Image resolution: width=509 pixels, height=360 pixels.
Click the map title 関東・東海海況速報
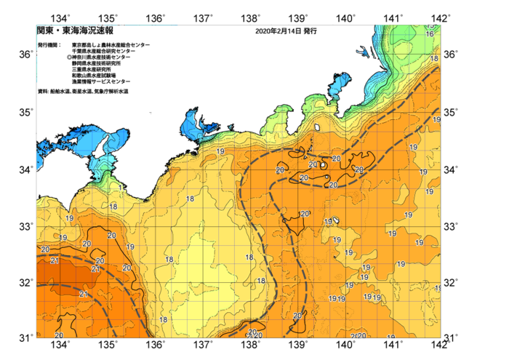pyautogui.click(x=75, y=31)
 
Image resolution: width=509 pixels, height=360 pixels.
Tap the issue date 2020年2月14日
pyautogui.click(x=278, y=32)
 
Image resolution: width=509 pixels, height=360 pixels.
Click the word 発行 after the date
pyautogui.click(x=310, y=32)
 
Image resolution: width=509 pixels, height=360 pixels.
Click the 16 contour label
pyautogui.click(x=430, y=34)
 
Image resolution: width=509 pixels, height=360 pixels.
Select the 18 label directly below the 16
pyautogui.click(x=434, y=57)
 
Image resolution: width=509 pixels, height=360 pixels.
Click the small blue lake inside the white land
pyautogui.click(x=362, y=52)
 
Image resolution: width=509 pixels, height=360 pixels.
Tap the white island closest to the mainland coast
pyautogui.click(x=317, y=128)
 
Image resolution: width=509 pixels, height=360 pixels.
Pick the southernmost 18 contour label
pyautogui.click(x=163, y=319)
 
